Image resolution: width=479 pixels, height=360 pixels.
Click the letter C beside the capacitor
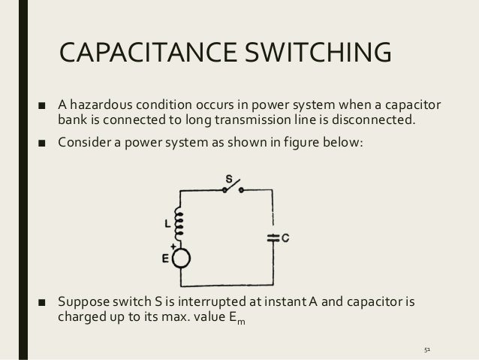[286, 238]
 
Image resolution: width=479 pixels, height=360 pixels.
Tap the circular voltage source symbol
[181, 258]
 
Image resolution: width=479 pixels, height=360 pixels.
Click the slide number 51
[429, 349]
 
